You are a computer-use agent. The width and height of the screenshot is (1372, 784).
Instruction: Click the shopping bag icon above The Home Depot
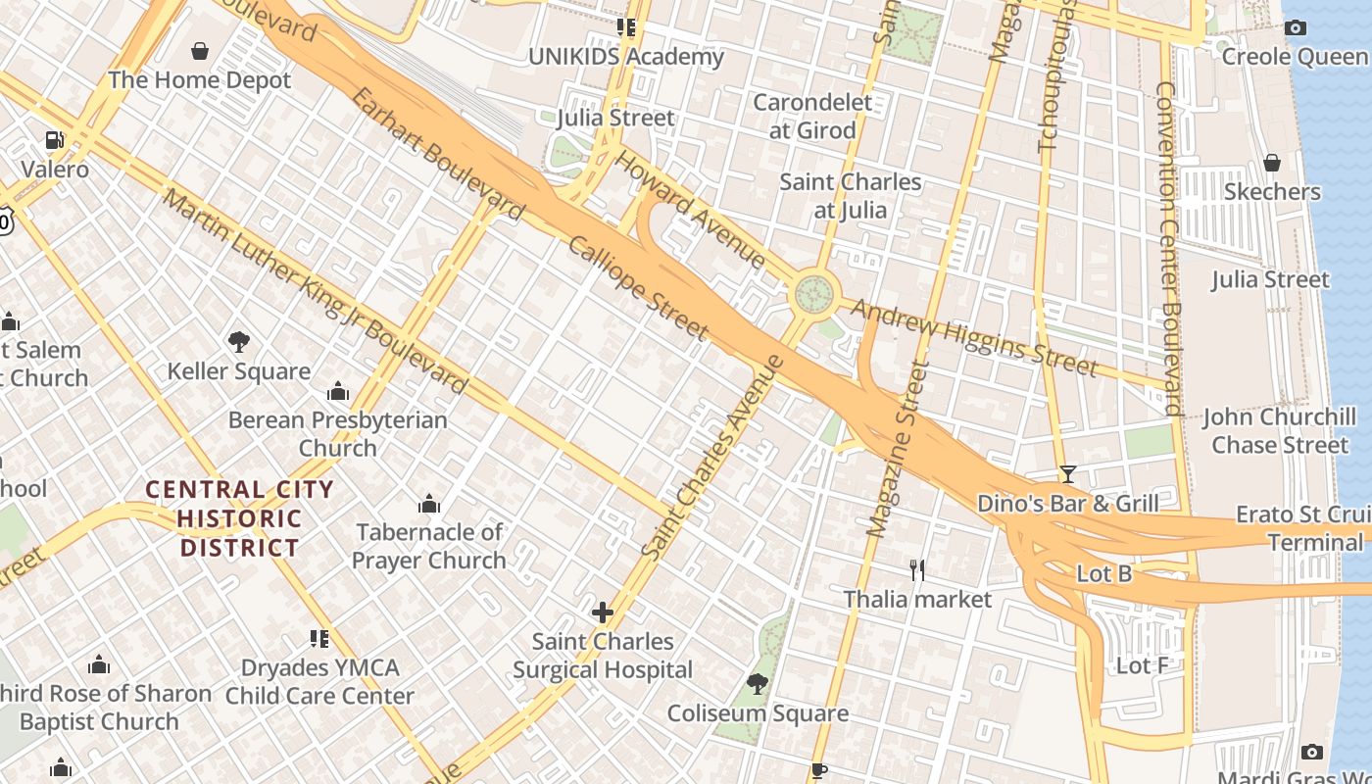(200, 51)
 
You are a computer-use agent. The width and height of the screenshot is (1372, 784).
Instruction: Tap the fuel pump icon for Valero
(55, 141)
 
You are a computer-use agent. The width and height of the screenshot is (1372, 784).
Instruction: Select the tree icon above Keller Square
(238, 342)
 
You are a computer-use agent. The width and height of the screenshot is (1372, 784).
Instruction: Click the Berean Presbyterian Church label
(337, 434)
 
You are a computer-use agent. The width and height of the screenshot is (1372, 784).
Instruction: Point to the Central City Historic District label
(240, 518)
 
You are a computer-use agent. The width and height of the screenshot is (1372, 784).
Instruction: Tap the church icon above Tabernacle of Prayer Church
(428, 505)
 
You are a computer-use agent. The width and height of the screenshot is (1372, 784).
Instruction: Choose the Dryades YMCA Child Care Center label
(319, 682)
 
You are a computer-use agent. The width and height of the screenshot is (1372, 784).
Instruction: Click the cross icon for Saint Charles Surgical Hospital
(602, 613)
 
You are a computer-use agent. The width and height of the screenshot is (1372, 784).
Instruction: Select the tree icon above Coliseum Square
(757, 683)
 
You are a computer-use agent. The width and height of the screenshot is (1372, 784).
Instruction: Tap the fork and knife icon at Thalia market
(917, 570)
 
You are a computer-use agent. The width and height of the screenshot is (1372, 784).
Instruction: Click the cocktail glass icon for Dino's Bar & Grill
(1068, 475)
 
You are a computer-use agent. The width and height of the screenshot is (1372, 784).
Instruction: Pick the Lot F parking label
(1142, 666)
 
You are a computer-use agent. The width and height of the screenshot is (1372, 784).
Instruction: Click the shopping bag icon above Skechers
(1272, 163)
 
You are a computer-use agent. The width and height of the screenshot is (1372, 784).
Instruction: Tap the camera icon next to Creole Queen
(1296, 28)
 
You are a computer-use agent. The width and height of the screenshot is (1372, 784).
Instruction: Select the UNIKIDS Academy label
(626, 57)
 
